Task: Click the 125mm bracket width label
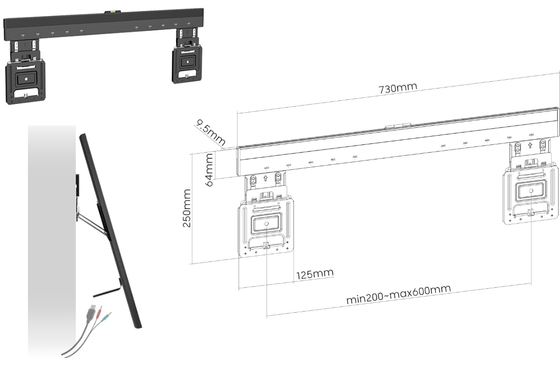click(315, 273)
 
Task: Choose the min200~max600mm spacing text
click(398, 295)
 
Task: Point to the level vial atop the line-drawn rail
click(399, 125)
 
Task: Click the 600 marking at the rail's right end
click(531, 135)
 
